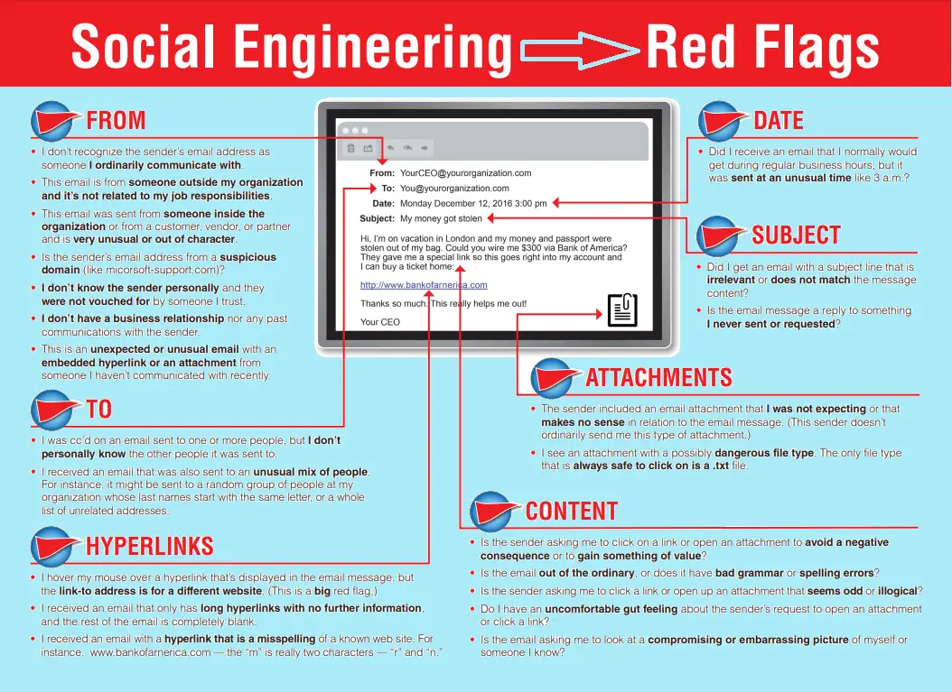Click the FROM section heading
click(x=116, y=120)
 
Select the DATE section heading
click(x=779, y=120)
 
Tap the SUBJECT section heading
click(x=796, y=235)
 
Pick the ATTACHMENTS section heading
click(x=658, y=377)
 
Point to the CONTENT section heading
click(x=572, y=512)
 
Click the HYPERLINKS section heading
click(x=149, y=546)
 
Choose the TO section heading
click(x=99, y=409)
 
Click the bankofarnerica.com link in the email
click(x=424, y=285)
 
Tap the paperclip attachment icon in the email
click(x=622, y=310)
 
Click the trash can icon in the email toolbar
click(x=351, y=148)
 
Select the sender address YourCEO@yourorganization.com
click(x=466, y=173)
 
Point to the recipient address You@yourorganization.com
click(x=454, y=188)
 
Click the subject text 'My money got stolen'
click(x=441, y=218)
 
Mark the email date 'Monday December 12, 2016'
click(x=456, y=203)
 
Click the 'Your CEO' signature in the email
click(x=380, y=322)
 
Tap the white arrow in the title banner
click(x=580, y=50)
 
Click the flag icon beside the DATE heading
click(x=722, y=121)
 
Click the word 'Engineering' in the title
click(x=373, y=50)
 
